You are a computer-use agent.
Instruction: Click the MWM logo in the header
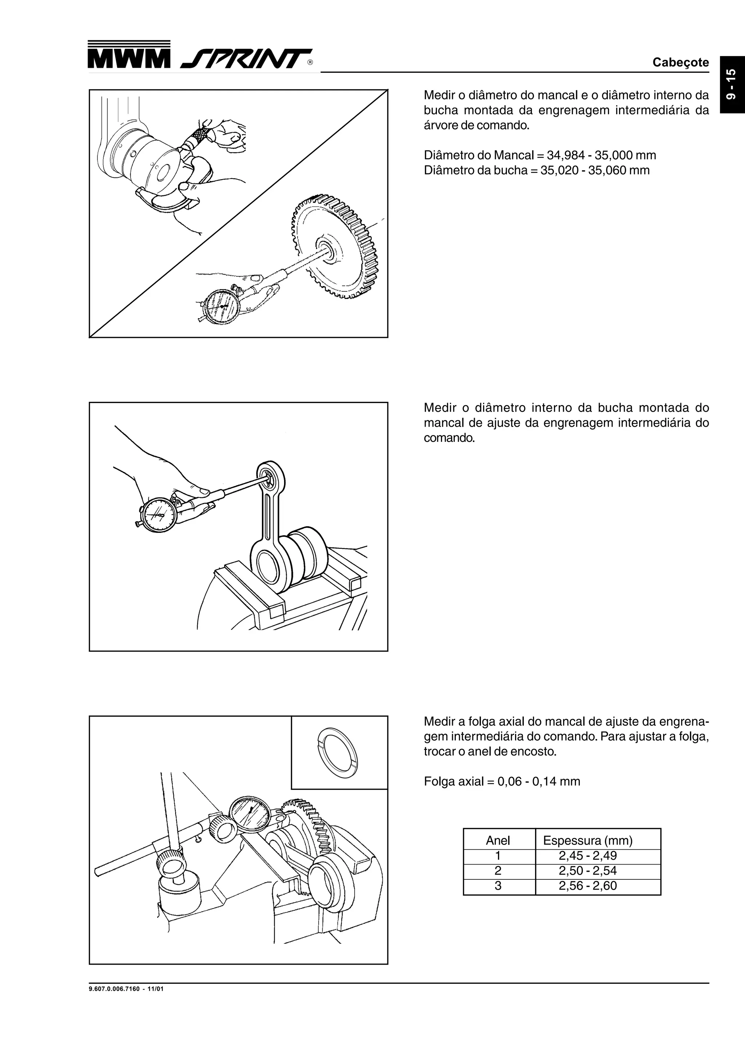pos(128,59)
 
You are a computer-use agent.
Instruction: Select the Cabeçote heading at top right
pos(680,63)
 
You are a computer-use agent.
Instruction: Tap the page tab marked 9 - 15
pos(732,84)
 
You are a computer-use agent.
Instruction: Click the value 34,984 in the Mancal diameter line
pos(566,155)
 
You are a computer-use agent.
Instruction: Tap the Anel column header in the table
pos(498,841)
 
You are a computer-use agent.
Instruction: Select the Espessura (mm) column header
pos(587,841)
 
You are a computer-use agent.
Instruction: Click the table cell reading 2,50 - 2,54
pos(587,870)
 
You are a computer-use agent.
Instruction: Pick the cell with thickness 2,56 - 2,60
pos(587,886)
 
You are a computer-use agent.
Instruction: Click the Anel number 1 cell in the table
pos(498,856)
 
